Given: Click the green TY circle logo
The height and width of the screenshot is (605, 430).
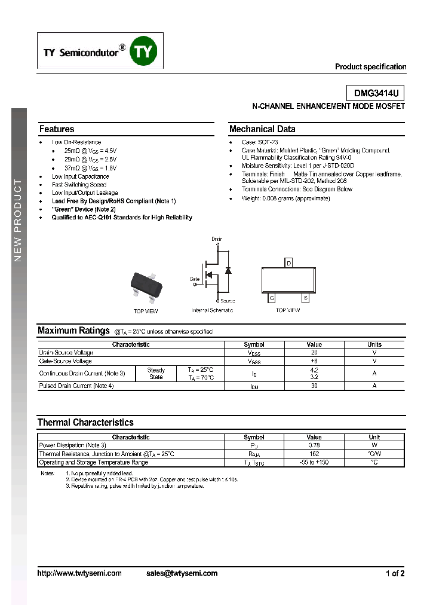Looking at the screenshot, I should (143, 52).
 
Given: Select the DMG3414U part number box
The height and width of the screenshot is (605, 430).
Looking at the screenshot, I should (376, 93).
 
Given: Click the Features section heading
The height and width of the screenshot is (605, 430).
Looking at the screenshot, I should (57, 129).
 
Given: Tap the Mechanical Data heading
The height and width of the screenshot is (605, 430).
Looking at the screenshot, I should (262, 129).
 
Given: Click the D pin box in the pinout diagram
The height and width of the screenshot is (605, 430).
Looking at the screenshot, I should (289, 263).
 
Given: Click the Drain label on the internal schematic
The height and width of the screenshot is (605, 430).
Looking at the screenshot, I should (217, 239).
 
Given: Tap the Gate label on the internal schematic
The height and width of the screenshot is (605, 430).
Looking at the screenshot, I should (195, 279).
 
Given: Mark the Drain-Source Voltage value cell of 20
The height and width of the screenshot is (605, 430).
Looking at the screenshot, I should (314, 353).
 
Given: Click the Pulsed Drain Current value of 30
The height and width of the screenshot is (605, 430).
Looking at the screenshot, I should (314, 386).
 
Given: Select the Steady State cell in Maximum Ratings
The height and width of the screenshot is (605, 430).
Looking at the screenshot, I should (156, 374).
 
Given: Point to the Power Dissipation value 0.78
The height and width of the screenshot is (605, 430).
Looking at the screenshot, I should (314, 445).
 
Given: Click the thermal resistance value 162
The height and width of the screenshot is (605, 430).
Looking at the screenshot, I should (314, 454).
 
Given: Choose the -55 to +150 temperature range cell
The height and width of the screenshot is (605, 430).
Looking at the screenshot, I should (314, 462).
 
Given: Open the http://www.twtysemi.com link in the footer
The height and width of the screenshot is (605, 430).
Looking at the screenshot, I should (79, 573).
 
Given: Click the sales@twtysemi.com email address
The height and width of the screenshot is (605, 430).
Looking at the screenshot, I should (182, 573).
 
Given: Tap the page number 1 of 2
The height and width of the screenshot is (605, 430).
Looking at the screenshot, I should (395, 574).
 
